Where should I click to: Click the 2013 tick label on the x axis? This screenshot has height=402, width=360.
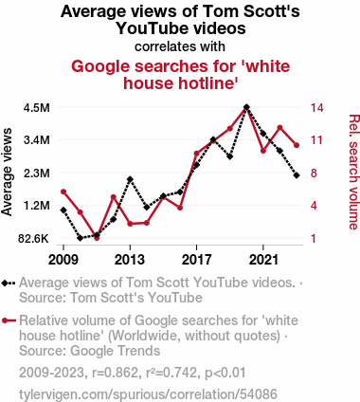click(x=130, y=260)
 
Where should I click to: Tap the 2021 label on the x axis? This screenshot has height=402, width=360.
click(x=263, y=260)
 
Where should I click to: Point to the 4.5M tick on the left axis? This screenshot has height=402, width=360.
click(x=37, y=108)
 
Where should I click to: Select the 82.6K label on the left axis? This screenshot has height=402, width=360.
click(x=34, y=239)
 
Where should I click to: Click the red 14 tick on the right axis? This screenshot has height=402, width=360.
click(x=316, y=108)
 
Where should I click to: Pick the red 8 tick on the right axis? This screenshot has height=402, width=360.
click(x=314, y=174)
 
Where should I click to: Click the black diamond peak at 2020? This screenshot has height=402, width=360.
click(x=246, y=107)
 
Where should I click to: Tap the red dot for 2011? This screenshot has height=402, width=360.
click(x=97, y=238)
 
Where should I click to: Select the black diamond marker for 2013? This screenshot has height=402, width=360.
click(x=130, y=179)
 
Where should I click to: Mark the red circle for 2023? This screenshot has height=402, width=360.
click(x=297, y=145)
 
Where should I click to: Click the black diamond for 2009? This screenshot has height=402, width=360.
click(x=63, y=210)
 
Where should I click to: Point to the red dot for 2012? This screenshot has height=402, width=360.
click(x=114, y=197)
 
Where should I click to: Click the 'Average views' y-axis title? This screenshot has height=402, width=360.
click(x=7, y=172)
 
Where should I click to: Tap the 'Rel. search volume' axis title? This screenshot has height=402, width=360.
click(x=353, y=172)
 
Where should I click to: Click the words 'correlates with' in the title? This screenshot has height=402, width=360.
click(x=180, y=46)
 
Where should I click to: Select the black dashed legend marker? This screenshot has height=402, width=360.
click(x=9, y=283)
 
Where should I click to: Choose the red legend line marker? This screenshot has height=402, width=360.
click(x=9, y=321)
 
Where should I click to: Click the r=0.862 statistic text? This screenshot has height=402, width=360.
click(x=115, y=373)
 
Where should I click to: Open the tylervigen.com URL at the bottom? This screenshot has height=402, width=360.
click(x=148, y=394)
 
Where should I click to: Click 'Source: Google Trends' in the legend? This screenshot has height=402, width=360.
click(x=90, y=351)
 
